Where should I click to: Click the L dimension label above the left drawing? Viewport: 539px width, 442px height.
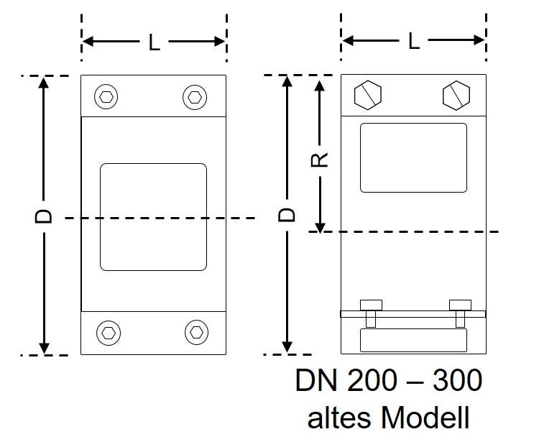154,42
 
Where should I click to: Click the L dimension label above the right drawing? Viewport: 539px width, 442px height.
413,41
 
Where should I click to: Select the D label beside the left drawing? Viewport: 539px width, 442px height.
45,216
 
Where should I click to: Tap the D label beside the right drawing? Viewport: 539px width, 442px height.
287,215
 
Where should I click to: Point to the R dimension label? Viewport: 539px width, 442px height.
321,158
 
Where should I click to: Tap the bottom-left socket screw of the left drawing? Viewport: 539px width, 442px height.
108,332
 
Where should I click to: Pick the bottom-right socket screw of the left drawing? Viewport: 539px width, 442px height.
195,332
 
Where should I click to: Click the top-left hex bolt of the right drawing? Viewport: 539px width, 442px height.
368,95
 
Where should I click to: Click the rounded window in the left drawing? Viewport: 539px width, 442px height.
153,217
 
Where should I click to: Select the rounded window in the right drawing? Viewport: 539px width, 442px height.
413,158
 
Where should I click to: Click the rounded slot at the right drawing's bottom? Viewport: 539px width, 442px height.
413,339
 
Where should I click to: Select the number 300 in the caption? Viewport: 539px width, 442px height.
457,382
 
